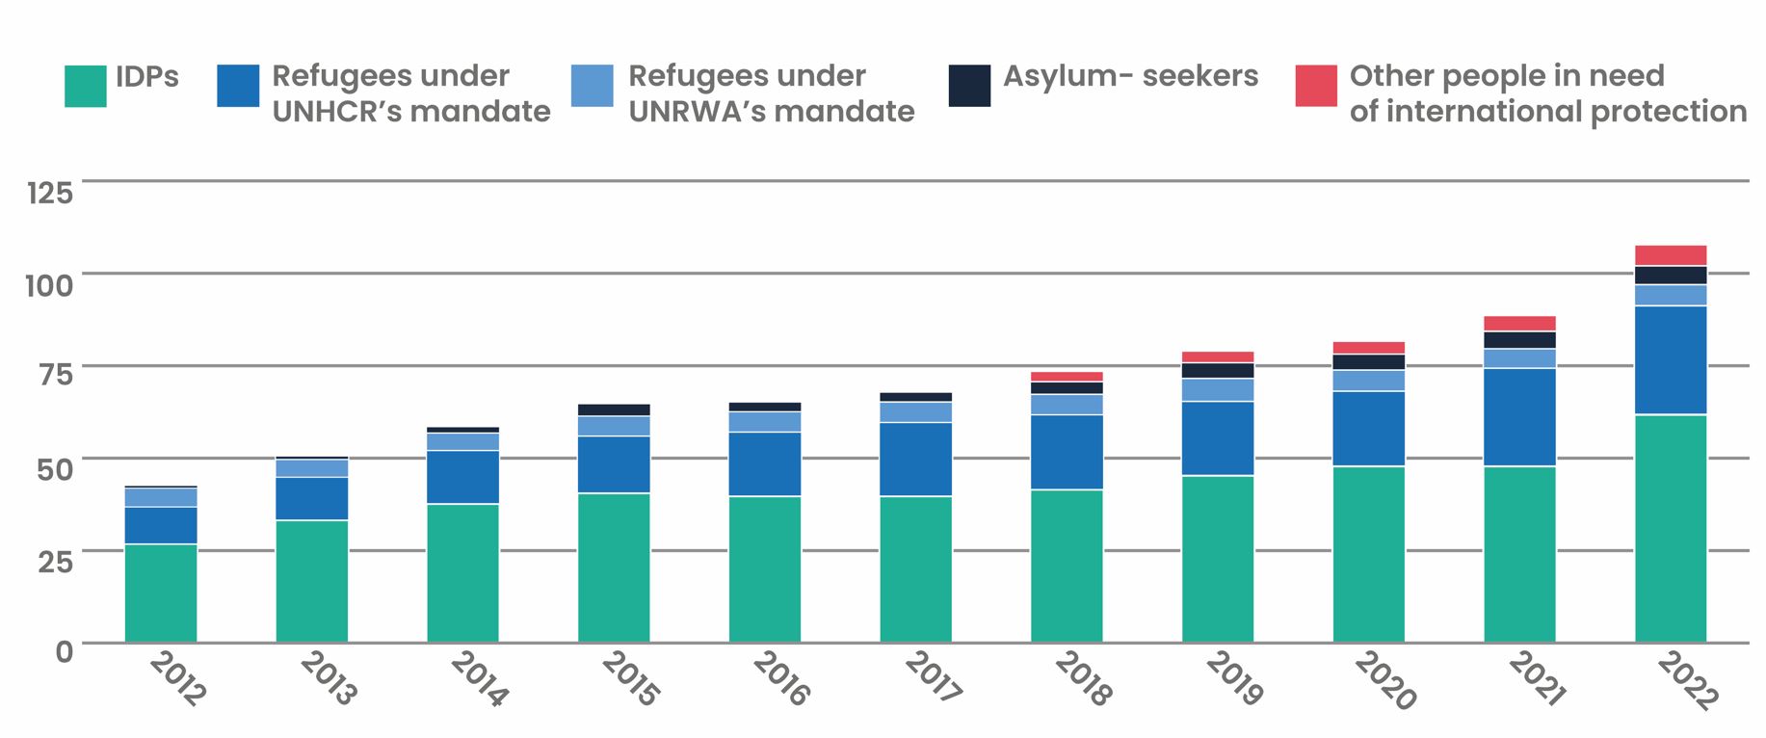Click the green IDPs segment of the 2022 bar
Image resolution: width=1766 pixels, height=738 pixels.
[1670, 528]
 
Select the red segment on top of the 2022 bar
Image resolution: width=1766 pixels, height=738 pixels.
[1670, 255]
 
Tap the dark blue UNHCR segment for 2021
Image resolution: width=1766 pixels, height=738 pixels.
[1519, 417]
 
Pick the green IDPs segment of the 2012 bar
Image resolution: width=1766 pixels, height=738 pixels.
[161, 593]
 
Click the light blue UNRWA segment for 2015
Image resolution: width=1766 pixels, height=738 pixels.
[614, 426]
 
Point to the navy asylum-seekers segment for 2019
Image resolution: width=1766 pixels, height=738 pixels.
[1218, 370]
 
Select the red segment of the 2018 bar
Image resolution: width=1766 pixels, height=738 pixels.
[1067, 377]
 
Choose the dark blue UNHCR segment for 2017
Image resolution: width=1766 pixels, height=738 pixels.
[915, 460]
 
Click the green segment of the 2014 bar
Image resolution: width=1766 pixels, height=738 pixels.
[462, 572]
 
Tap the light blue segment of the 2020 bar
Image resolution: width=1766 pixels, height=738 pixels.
[1368, 381]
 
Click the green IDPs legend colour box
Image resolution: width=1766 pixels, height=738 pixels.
[85, 86]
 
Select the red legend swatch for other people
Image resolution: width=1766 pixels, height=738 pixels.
[1315, 86]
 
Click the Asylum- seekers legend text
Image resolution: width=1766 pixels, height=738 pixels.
[1130, 76]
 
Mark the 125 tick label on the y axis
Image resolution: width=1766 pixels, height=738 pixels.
[50, 194]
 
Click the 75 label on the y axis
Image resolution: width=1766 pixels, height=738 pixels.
[55, 376]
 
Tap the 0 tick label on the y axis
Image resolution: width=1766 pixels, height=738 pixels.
[64, 652]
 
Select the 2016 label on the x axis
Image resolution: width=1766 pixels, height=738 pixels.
[780, 678]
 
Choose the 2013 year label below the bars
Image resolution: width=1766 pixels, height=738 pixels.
[328, 678]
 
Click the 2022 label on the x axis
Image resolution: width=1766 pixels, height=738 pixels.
[1687, 680]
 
